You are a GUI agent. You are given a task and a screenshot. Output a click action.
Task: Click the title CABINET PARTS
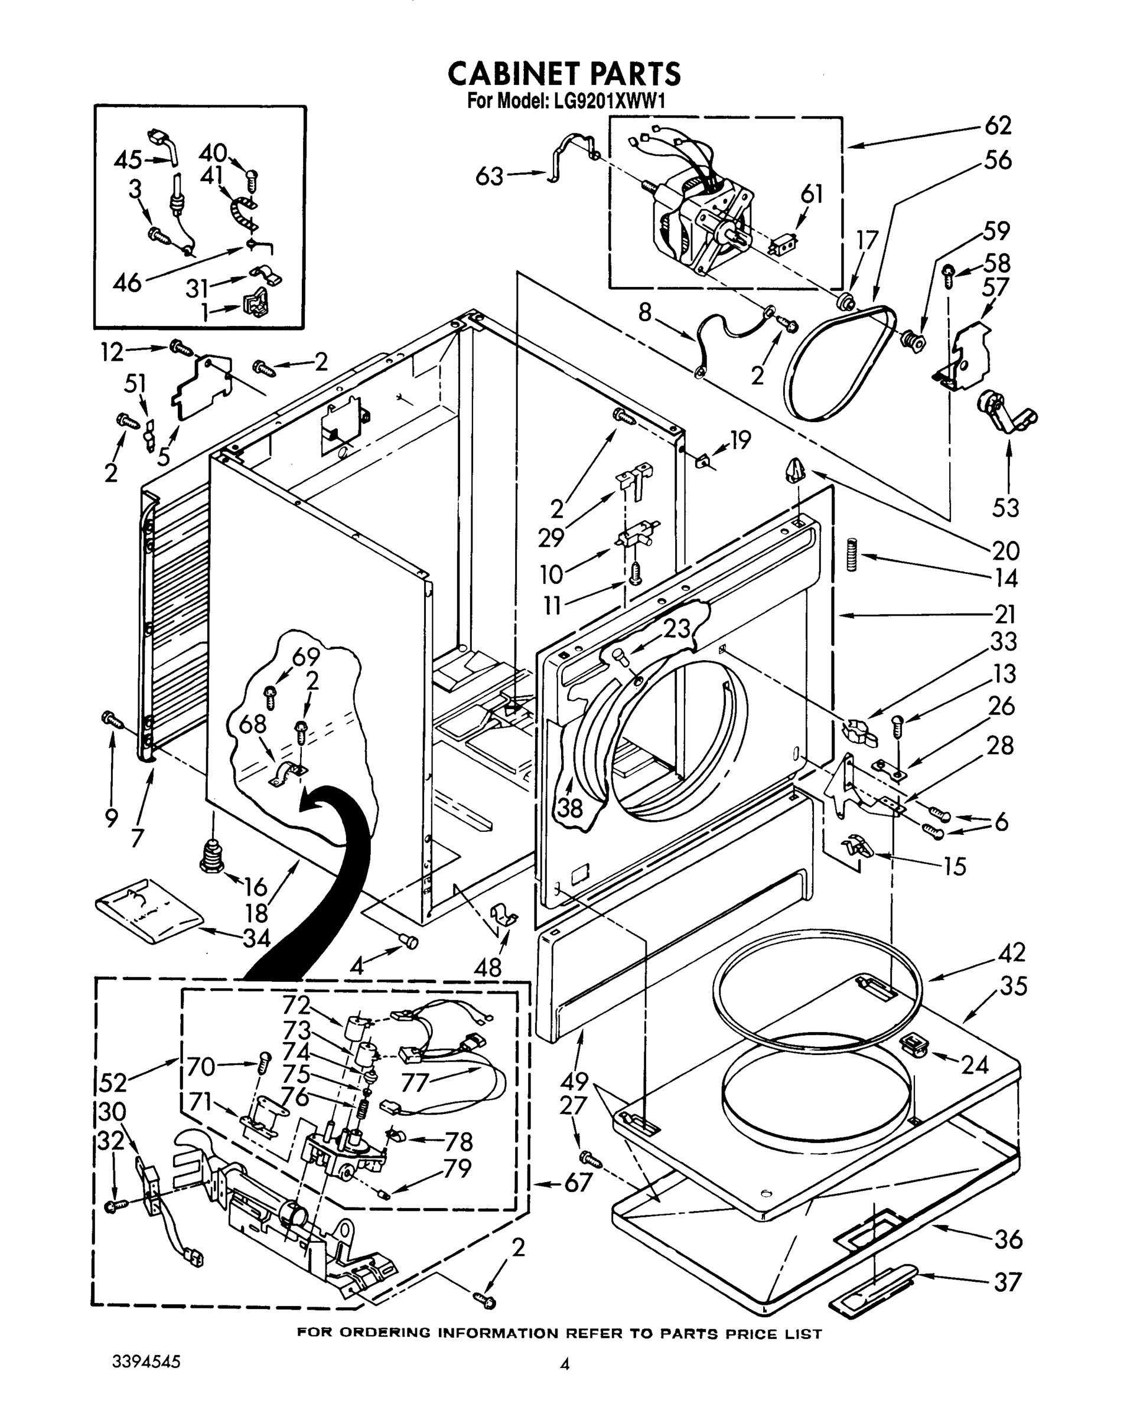[563, 74]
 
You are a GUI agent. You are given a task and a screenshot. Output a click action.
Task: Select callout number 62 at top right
[997, 126]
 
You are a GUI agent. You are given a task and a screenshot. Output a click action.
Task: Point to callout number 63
[489, 176]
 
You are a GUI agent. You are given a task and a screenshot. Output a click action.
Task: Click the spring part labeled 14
[852, 554]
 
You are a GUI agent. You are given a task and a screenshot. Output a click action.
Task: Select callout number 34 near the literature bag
[256, 938]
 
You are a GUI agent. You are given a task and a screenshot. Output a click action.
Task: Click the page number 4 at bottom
[563, 1364]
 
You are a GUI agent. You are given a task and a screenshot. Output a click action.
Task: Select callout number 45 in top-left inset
[128, 159]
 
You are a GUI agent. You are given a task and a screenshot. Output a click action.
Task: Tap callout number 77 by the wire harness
[413, 1082]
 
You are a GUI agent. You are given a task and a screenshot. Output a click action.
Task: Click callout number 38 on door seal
[569, 808]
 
